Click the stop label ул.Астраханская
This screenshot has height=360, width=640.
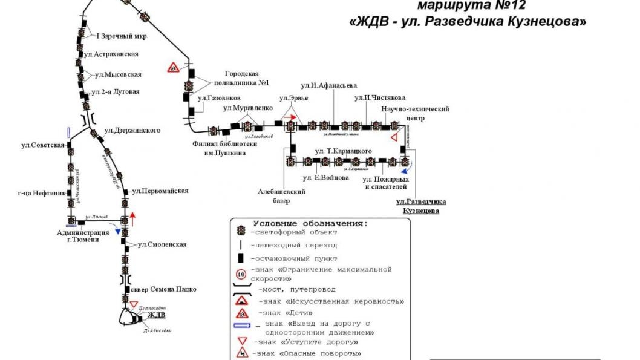111,54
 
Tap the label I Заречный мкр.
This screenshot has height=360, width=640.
123,36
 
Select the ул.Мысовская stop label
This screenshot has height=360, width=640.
119,75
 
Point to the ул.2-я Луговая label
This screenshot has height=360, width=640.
115,92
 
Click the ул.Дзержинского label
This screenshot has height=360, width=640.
132,130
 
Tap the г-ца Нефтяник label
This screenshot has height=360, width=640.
41,194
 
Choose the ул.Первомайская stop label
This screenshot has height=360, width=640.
160,191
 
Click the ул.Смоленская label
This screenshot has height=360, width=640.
162,244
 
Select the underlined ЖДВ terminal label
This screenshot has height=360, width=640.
156,315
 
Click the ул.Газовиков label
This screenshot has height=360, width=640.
220,97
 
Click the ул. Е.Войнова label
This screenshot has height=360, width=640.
326,178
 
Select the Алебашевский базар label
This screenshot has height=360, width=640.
281,196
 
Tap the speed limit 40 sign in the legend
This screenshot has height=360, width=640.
241,274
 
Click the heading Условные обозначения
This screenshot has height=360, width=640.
310,223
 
